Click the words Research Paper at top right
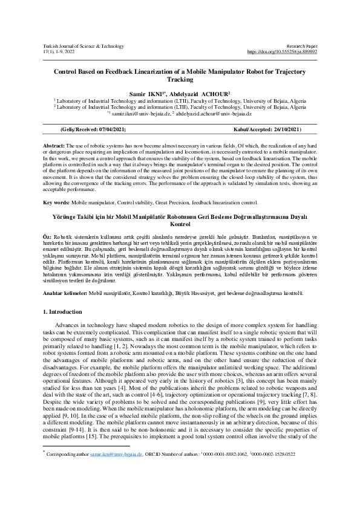(301, 46)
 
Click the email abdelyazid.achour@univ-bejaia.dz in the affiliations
(214, 113)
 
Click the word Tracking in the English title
(180, 79)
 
